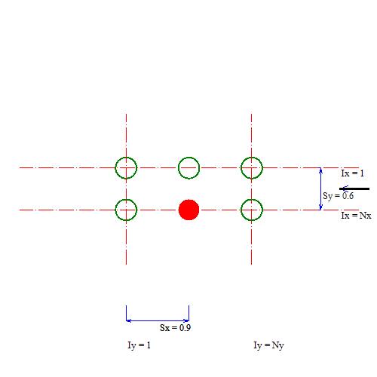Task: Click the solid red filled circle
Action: (x=188, y=210)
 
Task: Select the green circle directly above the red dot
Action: (x=188, y=157)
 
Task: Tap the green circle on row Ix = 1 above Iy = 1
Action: (x=126, y=157)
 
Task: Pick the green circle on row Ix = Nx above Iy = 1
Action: (x=126, y=199)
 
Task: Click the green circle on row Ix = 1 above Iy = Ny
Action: (x=252, y=157)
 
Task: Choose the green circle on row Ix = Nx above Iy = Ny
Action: (x=252, y=199)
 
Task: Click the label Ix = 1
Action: (x=352, y=173)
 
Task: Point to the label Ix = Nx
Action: (x=356, y=216)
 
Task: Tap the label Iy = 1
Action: (x=139, y=345)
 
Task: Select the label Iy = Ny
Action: (x=268, y=345)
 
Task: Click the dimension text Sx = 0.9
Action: (x=176, y=328)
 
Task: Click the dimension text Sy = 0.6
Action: (x=339, y=196)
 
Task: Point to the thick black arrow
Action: (x=354, y=188)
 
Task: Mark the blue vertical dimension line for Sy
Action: (x=320, y=188)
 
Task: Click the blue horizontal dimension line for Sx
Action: (x=158, y=320)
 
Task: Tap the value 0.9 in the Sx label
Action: (x=185, y=328)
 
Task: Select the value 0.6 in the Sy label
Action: (x=348, y=196)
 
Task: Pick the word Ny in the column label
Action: (x=277, y=345)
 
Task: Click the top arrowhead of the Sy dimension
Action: (x=320, y=169)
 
